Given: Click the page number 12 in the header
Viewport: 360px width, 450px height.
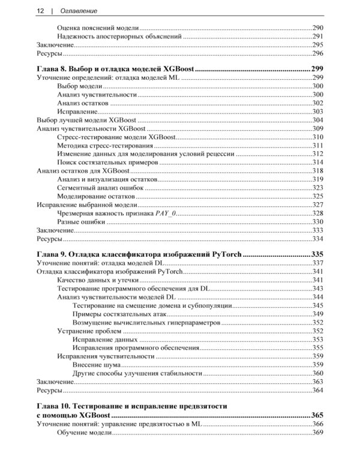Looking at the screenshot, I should point(40,11).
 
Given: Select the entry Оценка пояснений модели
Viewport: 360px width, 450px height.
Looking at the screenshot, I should point(98,28).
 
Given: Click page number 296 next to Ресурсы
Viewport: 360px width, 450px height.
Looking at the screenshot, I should point(317,53).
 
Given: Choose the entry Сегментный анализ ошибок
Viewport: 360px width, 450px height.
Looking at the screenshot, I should point(100,188).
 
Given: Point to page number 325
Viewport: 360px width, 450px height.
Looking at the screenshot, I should point(317,196).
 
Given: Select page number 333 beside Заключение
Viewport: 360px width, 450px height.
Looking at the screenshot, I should point(317,230).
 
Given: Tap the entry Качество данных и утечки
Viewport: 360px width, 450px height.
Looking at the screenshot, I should point(98,280).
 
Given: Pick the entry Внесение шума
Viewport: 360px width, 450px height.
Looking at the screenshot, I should point(97,364).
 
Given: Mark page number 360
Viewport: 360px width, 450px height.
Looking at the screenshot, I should point(317,373).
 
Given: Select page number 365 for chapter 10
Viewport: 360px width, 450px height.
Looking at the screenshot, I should point(317,415).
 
